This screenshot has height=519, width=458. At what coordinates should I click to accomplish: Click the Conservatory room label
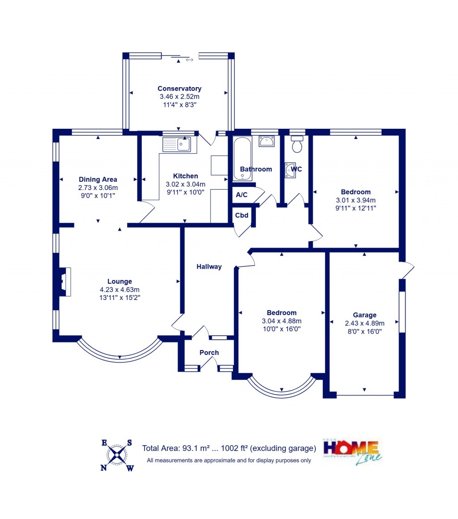pos(179,89)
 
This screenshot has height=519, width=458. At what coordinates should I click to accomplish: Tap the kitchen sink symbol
pos(177,144)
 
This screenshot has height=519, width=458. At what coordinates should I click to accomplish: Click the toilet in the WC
pos(297,145)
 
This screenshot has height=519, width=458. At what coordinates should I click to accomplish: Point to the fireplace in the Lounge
pos(64,282)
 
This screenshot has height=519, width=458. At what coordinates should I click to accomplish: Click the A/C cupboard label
pos(242,195)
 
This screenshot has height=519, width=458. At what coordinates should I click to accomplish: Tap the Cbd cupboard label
pos(242,215)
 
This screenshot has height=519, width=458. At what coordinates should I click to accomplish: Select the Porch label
pos(209,353)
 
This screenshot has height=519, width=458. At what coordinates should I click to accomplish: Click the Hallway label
pos(209,267)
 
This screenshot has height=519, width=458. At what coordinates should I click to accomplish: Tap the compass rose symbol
pos(117,455)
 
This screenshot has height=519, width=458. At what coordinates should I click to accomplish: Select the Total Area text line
pos(229,448)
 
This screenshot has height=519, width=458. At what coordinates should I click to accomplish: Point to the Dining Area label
pos(98,180)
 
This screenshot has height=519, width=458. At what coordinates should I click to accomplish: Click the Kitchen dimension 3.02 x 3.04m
pos(186,184)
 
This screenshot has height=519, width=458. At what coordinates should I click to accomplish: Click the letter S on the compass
pos(129,443)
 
